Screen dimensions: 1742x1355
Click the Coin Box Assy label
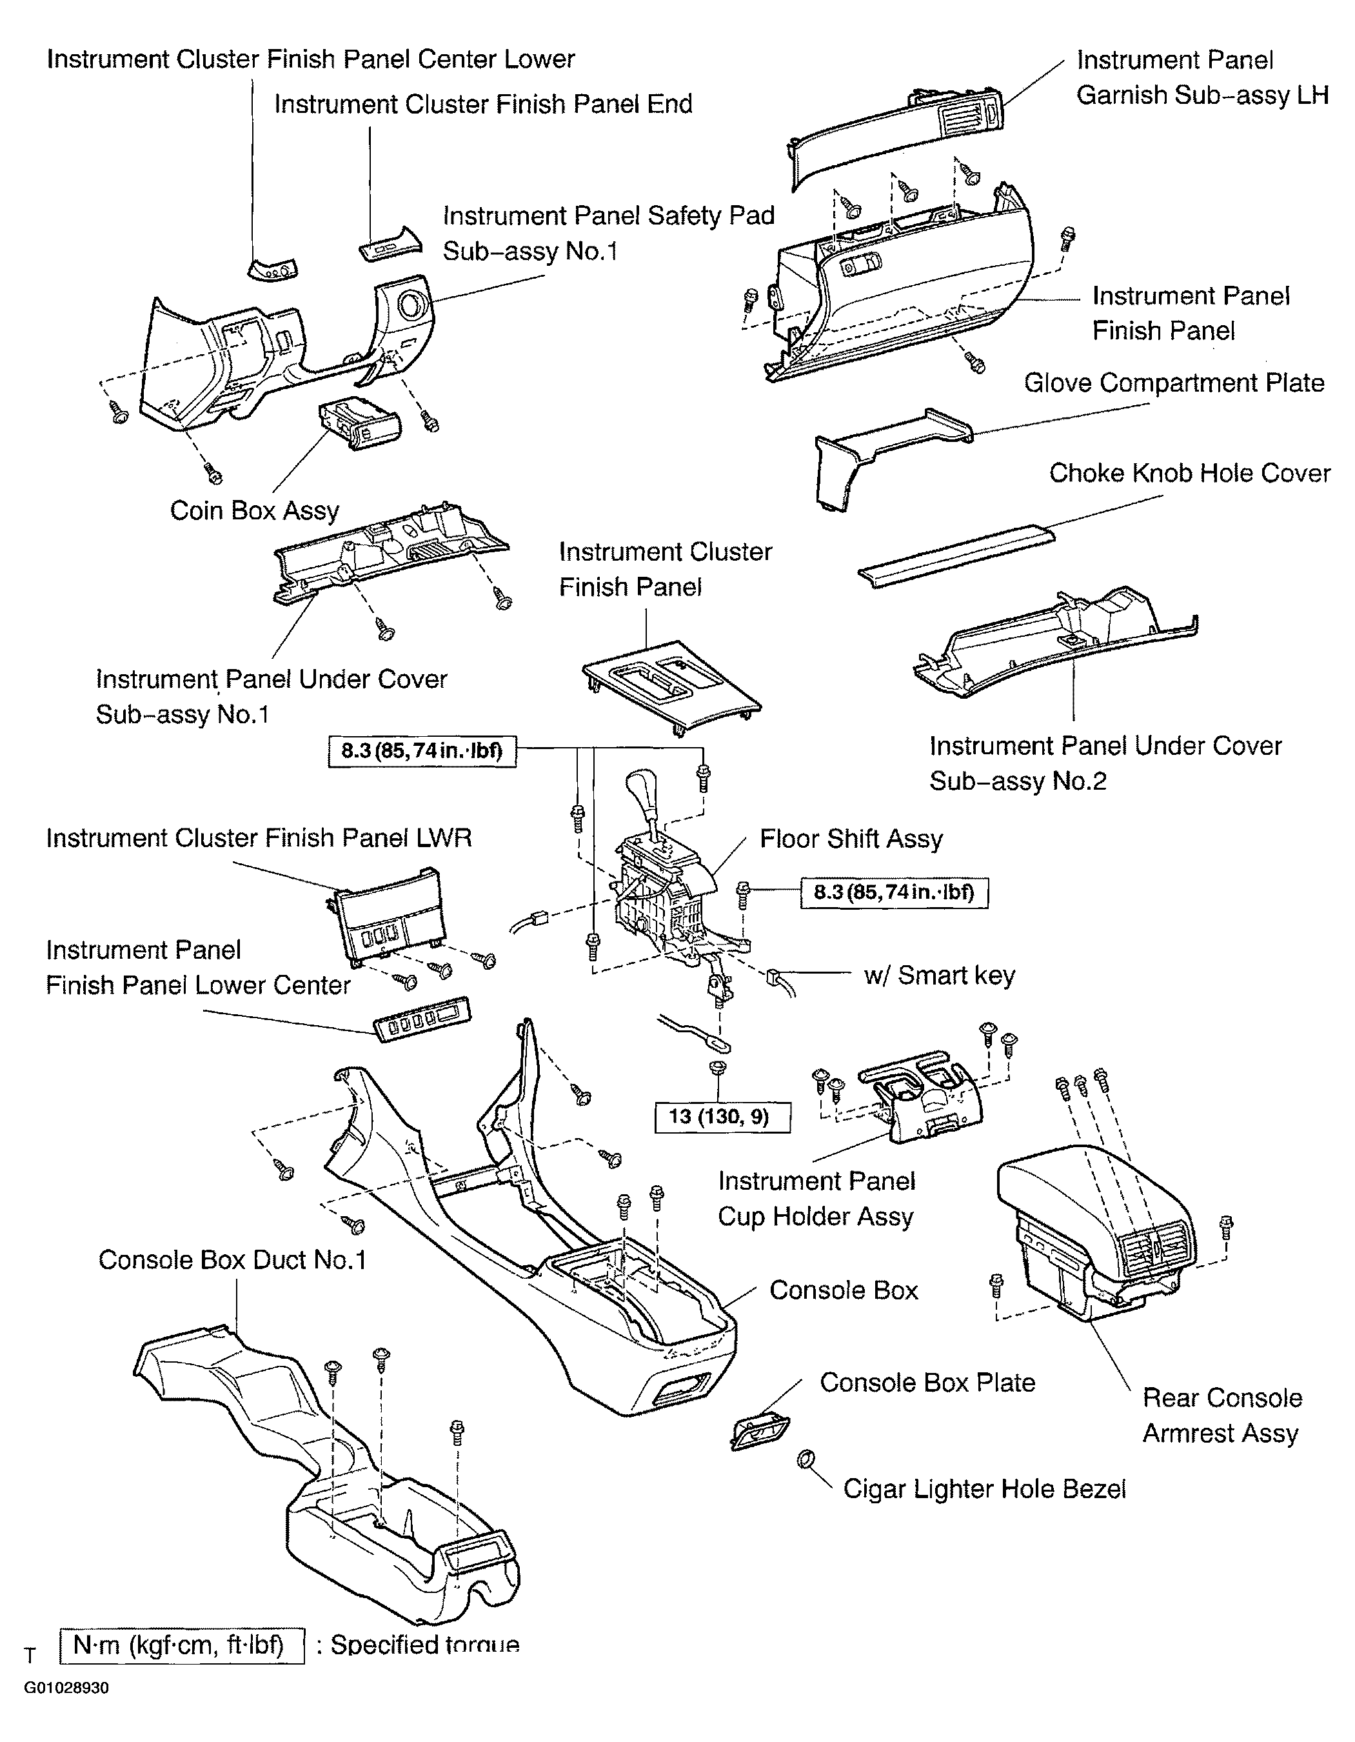(254, 510)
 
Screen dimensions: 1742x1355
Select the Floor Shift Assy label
(851, 839)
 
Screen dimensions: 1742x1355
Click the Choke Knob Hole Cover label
(1189, 473)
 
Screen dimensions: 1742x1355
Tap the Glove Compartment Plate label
(1173, 383)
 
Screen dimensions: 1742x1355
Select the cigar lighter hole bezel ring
(806, 1461)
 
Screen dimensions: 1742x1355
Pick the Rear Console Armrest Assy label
(1221, 1415)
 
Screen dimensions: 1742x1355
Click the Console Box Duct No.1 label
(232, 1260)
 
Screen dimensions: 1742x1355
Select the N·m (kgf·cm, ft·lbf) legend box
(182, 1645)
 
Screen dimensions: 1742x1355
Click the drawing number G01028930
(66, 1688)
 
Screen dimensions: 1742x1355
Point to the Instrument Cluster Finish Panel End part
(390, 244)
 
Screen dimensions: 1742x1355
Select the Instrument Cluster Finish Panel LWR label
(259, 838)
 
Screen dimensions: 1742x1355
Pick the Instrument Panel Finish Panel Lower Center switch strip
(422, 1019)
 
